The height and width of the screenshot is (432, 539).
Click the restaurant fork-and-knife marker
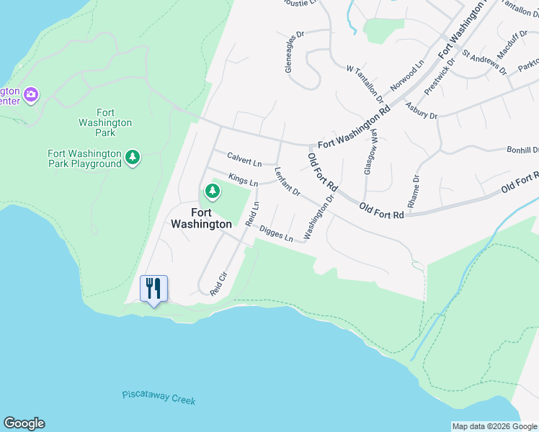pyautogui.click(x=153, y=289)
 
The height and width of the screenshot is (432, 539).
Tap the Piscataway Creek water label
pyautogui.click(x=159, y=397)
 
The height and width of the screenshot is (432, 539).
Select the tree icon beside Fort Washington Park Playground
pyautogui.click(x=132, y=158)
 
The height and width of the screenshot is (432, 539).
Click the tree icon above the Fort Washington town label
pyautogui.click(x=212, y=191)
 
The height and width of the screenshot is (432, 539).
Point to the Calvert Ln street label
pyautogui.click(x=244, y=158)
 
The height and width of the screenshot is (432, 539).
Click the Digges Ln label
pyautogui.click(x=277, y=233)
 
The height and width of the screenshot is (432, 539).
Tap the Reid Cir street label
pyautogui.click(x=218, y=283)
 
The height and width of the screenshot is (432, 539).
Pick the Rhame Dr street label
pyautogui.click(x=414, y=192)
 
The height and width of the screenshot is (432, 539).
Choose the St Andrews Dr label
pyautogui.click(x=484, y=62)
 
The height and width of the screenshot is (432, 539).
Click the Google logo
pyautogui.click(x=24, y=423)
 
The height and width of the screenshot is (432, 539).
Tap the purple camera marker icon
pyautogui.click(x=30, y=94)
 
